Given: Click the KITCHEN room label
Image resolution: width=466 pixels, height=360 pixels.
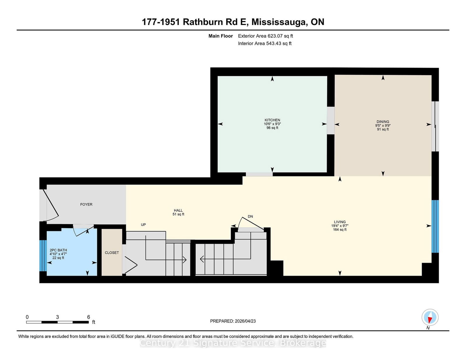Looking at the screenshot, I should coord(272,120).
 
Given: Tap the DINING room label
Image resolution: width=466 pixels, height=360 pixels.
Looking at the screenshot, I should coord(383,122).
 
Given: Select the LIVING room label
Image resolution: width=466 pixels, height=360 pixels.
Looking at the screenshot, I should coord(340,222).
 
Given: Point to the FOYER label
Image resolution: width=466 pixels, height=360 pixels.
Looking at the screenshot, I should coord(86,205).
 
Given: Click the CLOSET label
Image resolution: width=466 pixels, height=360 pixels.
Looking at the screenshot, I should coord(112,253).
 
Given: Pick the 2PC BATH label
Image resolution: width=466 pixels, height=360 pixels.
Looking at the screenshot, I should coord(58,250).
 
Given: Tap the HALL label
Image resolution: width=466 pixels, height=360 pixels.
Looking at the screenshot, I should coord(178,210).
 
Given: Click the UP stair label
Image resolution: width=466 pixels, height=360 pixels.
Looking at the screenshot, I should coord(143,225).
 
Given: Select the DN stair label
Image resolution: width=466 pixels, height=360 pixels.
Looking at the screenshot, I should coord(250,217).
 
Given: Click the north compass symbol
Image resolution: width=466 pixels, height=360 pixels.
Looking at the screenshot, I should coord(430,318).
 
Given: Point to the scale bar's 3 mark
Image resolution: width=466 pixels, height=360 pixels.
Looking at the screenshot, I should coord(57,317).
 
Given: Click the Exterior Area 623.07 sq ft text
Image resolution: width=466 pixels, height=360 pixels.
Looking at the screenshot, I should coord(265,36).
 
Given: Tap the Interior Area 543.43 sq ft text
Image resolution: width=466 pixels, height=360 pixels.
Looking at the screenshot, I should coord(265,43).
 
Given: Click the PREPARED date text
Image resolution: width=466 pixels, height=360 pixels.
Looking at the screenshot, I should coord(233,321).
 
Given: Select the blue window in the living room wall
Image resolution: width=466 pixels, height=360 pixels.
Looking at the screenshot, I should coord(435,226).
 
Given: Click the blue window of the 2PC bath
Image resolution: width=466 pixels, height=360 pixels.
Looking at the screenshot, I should coord(43,255).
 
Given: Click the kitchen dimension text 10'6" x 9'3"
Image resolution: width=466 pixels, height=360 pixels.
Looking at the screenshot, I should coord(272,124).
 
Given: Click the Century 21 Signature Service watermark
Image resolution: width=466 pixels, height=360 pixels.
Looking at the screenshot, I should coord(233,343).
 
